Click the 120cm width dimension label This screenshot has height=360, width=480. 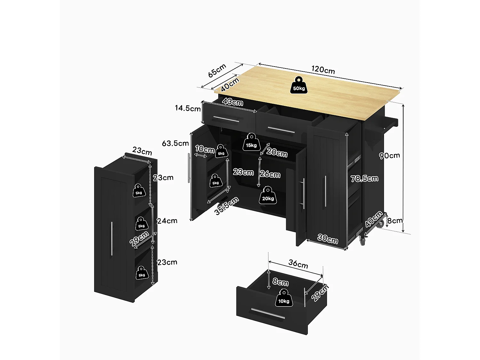click(323, 70)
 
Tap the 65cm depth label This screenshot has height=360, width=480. click(217, 70)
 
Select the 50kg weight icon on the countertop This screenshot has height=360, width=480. click(299, 85)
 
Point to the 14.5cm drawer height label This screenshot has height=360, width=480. click(188, 108)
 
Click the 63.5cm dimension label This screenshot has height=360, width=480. click(175, 143)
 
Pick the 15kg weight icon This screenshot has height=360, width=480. click(251, 142)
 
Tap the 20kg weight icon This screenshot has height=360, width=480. click(268, 196)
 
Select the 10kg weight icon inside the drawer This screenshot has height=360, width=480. click(284, 298)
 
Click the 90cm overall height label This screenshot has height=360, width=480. click(389, 156)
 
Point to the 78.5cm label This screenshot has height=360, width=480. click(364, 179)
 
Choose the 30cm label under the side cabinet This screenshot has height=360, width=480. click(327, 239)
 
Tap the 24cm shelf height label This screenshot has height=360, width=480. click(167, 221)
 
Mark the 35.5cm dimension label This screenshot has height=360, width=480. click(227, 206)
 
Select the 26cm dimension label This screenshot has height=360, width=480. click(270, 174)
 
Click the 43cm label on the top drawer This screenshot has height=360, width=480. click(233, 102)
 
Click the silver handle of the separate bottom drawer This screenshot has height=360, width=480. click(268, 314)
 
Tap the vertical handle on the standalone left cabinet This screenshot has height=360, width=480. click(112, 238)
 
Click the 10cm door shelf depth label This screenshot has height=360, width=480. click(204, 149)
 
